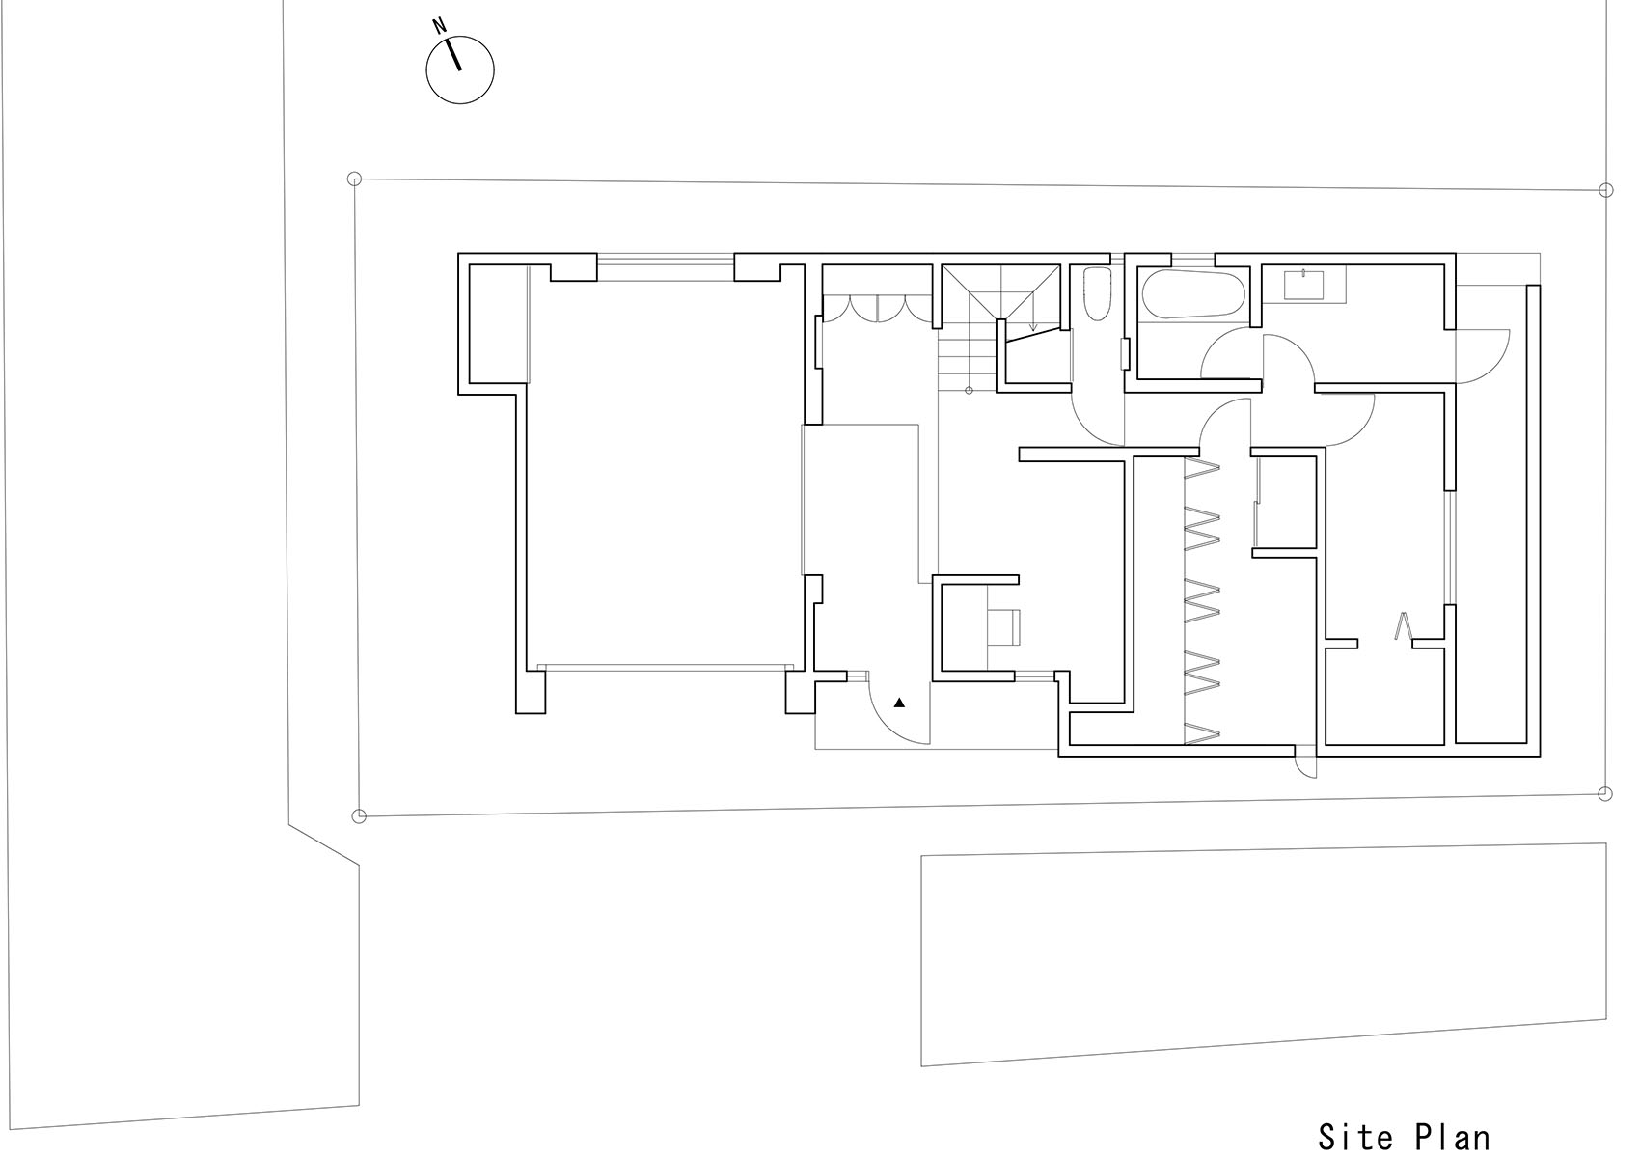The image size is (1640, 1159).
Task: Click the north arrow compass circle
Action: (460, 69)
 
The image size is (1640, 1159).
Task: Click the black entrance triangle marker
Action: (900, 703)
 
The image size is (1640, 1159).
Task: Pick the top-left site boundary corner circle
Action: (354, 179)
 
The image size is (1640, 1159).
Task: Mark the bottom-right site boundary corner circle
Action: (1605, 794)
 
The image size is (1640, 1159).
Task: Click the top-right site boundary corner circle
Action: (1606, 190)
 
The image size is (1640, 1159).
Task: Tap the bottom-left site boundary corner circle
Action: (359, 816)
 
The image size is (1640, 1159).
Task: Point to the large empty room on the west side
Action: (666, 473)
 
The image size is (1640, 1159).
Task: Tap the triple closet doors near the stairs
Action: (876, 308)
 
